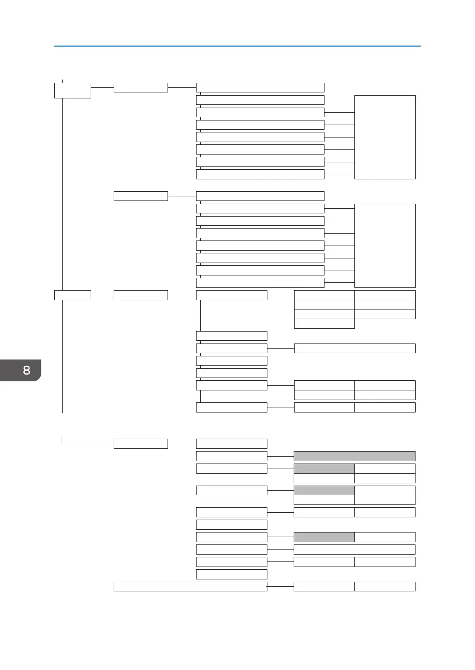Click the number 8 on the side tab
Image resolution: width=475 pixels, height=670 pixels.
tap(26, 370)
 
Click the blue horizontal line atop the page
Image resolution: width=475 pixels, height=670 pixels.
tap(237, 46)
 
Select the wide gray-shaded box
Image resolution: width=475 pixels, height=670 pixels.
tap(354, 456)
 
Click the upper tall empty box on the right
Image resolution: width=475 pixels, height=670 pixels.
tap(385, 137)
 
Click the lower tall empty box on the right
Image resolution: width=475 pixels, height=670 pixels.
tap(385, 246)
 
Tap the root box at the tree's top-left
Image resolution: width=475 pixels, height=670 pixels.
tap(72, 90)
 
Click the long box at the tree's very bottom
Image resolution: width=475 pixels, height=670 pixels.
tap(190, 586)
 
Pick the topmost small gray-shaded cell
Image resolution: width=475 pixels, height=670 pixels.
tap(324, 469)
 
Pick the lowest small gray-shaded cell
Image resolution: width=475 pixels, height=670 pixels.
tap(324, 537)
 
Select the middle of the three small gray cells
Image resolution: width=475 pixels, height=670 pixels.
tap(324, 490)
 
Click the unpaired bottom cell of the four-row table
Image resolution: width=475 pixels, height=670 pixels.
tap(324, 324)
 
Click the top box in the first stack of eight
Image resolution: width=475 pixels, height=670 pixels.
tap(260, 87)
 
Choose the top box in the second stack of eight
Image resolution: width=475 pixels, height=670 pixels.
tap(260, 196)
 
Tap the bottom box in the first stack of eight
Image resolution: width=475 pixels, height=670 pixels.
tap(260, 174)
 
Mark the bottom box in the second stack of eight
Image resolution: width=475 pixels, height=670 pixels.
tap(260, 283)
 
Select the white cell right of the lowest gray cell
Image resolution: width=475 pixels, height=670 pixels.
tap(385, 537)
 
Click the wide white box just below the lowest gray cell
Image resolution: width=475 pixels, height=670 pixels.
tap(354, 549)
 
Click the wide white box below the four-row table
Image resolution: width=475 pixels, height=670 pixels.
tap(354, 348)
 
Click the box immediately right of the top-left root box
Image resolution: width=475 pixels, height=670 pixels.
tap(140, 87)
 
